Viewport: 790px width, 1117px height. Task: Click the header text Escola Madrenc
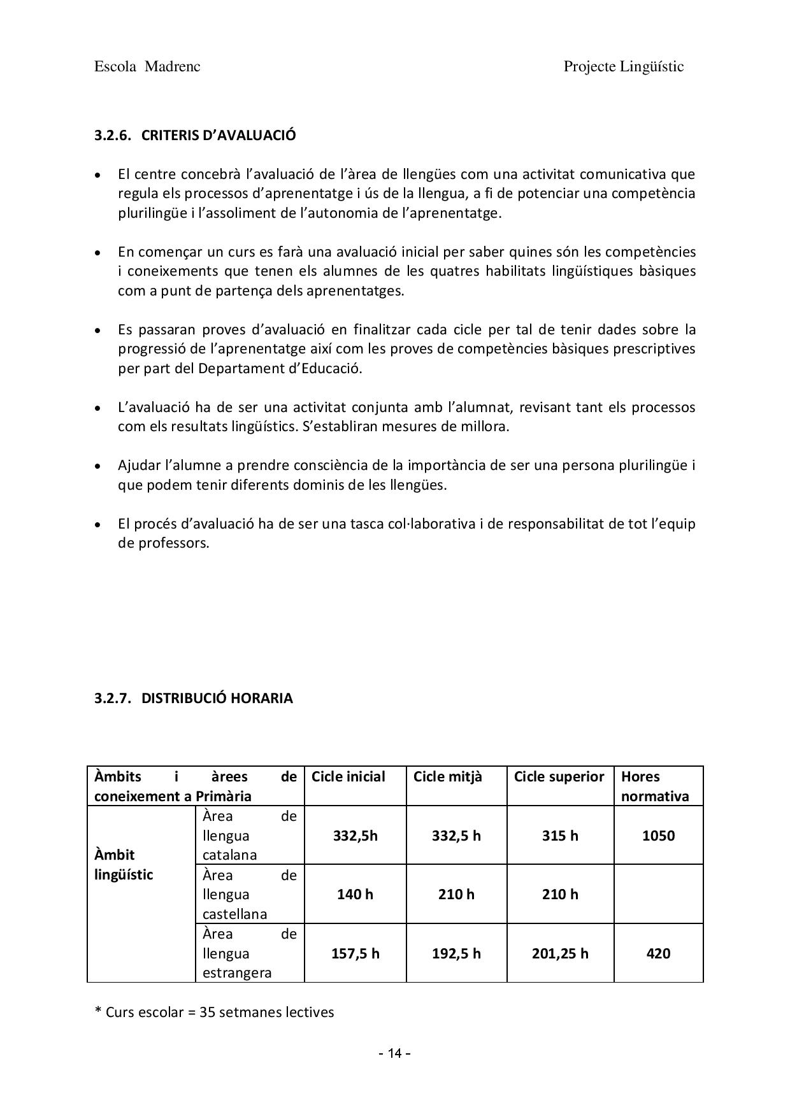[147, 67]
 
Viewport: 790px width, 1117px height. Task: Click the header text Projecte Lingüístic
[623, 67]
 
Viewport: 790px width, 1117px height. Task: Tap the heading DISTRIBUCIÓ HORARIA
[217, 698]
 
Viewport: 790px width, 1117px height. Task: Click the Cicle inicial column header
[348, 777]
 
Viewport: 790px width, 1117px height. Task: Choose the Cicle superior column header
[559, 777]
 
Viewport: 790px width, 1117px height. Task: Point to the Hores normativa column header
[655, 786]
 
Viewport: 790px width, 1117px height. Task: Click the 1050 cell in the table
[658, 836]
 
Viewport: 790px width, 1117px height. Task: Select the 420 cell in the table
[658, 953]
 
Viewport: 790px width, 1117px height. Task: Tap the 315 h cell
[560, 836]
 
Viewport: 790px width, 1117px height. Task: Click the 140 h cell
[355, 894]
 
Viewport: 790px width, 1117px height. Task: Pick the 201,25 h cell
[560, 953]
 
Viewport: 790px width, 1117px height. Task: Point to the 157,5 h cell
[355, 953]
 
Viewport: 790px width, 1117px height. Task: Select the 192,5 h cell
[456, 953]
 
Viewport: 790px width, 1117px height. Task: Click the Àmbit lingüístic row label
[124, 864]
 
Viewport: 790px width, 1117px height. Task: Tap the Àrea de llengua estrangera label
[249, 953]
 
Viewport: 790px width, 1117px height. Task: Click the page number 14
[394, 1053]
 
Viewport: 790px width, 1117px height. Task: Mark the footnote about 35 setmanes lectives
[214, 1012]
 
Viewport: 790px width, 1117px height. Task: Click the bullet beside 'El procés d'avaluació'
[97, 525]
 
